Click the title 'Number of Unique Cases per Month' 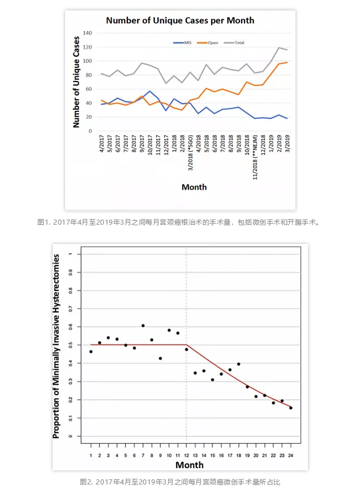[x=180, y=20]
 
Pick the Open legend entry [x=210, y=42]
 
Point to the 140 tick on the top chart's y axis [x=88, y=33]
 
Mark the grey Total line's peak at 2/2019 [x=279, y=48]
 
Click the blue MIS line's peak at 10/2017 [x=150, y=91]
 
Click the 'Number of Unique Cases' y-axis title [x=76, y=81]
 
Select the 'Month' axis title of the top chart [x=194, y=187]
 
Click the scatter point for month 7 [x=143, y=325]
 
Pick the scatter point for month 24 [x=290, y=407]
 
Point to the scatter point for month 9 [x=160, y=358]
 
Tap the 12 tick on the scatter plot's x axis [x=186, y=455]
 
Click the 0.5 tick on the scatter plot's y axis [x=70, y=345]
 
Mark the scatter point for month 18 [x=238, y=364]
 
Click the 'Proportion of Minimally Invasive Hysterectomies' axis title [x=57, y=346]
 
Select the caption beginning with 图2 [x=180, y=482]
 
